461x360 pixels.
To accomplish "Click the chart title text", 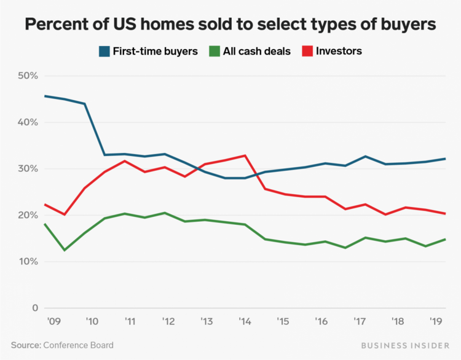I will (230, 25).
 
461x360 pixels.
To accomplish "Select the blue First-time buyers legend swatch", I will (104, 52).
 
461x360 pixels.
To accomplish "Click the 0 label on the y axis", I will (34, 308).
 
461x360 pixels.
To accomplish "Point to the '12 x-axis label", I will (168, 321).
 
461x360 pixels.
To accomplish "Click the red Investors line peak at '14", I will (246, 155).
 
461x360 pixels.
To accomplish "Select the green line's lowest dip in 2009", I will (64, 250).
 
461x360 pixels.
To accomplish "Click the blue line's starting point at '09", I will (45, 96).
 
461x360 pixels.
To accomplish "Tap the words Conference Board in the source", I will (78, 345).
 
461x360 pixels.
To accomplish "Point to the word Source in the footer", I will (25, 345).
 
